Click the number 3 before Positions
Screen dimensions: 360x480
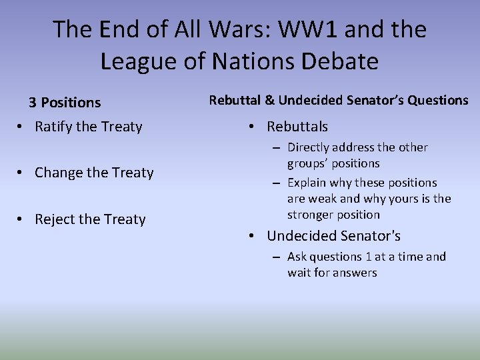tap(32, 103)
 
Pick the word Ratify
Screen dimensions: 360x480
tap(53, 126)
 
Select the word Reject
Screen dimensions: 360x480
tap(55, 219)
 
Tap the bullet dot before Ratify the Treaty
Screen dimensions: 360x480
tap(22, 127)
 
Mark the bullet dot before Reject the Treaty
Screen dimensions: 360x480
tap(22, 220)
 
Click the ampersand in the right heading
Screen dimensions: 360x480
tap(269, 100)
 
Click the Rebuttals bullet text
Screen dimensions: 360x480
tap(297, 126)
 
